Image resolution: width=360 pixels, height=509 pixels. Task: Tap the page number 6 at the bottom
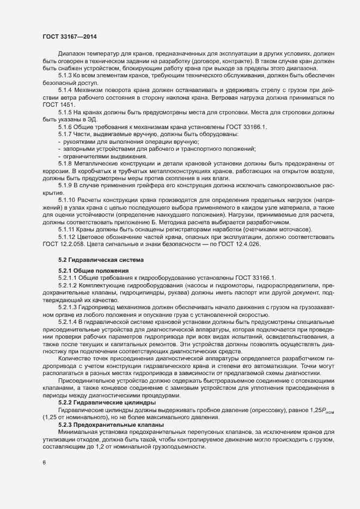(45, 463)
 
